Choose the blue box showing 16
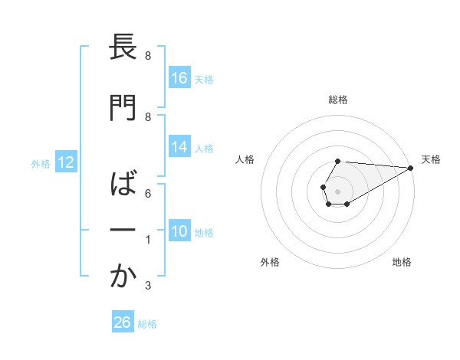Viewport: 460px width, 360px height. (179, 78)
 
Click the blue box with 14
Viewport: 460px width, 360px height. (179, 147)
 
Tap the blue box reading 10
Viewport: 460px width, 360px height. (179, 231)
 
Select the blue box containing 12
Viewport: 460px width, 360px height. (65, 162)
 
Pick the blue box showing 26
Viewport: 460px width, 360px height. (123, 322)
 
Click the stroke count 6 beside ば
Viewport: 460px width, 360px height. (148, 193)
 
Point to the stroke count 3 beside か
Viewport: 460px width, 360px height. (148, 286)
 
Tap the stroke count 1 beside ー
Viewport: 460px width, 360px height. (148, 240)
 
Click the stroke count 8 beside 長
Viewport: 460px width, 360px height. (148, 56)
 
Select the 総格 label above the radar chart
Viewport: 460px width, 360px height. (337, 100)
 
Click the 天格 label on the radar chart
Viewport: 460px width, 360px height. (431, 159)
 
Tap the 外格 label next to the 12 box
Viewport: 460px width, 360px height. (41, 163)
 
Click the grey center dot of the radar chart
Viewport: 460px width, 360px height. (337, 190)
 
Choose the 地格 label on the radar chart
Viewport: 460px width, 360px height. (402, 262)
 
